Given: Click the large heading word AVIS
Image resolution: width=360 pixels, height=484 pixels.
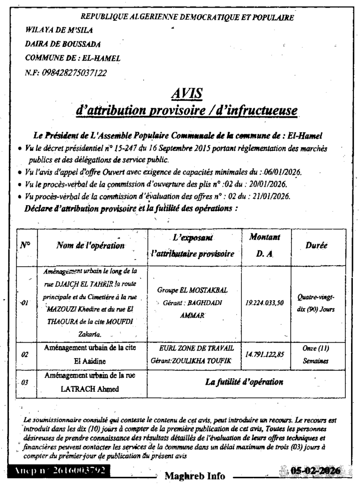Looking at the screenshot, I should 187,94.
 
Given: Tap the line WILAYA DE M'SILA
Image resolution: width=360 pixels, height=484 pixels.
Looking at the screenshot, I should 59,30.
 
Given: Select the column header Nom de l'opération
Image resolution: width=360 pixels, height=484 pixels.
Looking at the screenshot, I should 90,246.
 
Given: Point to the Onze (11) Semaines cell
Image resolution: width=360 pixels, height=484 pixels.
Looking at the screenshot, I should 316,354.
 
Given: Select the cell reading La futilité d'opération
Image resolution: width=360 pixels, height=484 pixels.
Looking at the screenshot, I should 244,382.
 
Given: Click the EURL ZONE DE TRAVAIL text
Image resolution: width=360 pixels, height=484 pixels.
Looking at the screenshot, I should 197,348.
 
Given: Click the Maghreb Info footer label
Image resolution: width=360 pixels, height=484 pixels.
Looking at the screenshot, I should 195,476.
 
